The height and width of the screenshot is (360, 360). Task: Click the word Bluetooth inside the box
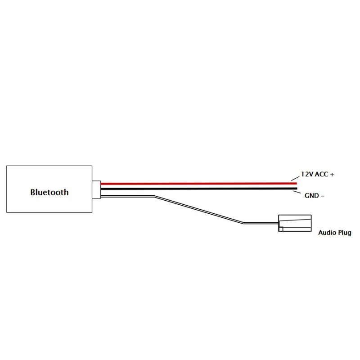pos(49,192)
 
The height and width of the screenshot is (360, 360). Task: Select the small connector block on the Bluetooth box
pos(96,189)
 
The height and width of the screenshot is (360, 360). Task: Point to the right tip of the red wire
pos(296,183)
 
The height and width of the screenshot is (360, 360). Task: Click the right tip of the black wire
pos(296,189)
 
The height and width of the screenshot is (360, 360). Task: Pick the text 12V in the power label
pos(307,175)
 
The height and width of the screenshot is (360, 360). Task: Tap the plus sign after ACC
pos(332,175)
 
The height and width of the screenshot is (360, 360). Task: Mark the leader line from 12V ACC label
pos(294,179)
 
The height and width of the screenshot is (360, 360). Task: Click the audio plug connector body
pos(295,223)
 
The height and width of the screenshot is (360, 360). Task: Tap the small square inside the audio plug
pos(281,229)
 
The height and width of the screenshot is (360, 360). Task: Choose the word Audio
pos(328,233)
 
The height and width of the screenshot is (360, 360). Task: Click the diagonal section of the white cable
pos(198,209)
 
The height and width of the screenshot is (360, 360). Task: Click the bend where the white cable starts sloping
pos(154,196)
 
